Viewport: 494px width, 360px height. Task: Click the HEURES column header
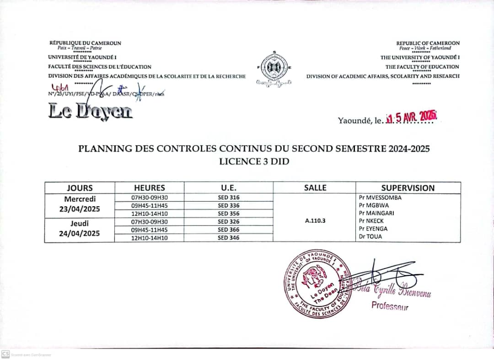150,188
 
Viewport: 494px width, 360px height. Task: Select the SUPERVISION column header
408,188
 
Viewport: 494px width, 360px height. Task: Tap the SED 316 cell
229,198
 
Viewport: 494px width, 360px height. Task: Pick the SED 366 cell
229,230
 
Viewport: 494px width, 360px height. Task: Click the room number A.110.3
314,220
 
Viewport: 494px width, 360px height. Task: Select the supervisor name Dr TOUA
370,237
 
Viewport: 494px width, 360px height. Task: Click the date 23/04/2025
80,209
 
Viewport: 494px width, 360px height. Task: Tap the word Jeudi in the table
80,223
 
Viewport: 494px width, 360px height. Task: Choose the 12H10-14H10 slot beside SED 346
150,238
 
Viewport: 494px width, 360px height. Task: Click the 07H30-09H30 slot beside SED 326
150,221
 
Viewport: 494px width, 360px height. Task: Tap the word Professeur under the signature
390,306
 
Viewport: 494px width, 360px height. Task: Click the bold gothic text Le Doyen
91,111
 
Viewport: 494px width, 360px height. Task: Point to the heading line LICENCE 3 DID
254,161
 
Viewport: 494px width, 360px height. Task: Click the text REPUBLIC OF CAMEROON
428,43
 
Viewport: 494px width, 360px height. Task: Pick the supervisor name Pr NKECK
371,221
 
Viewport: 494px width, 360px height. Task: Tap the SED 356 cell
229,214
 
